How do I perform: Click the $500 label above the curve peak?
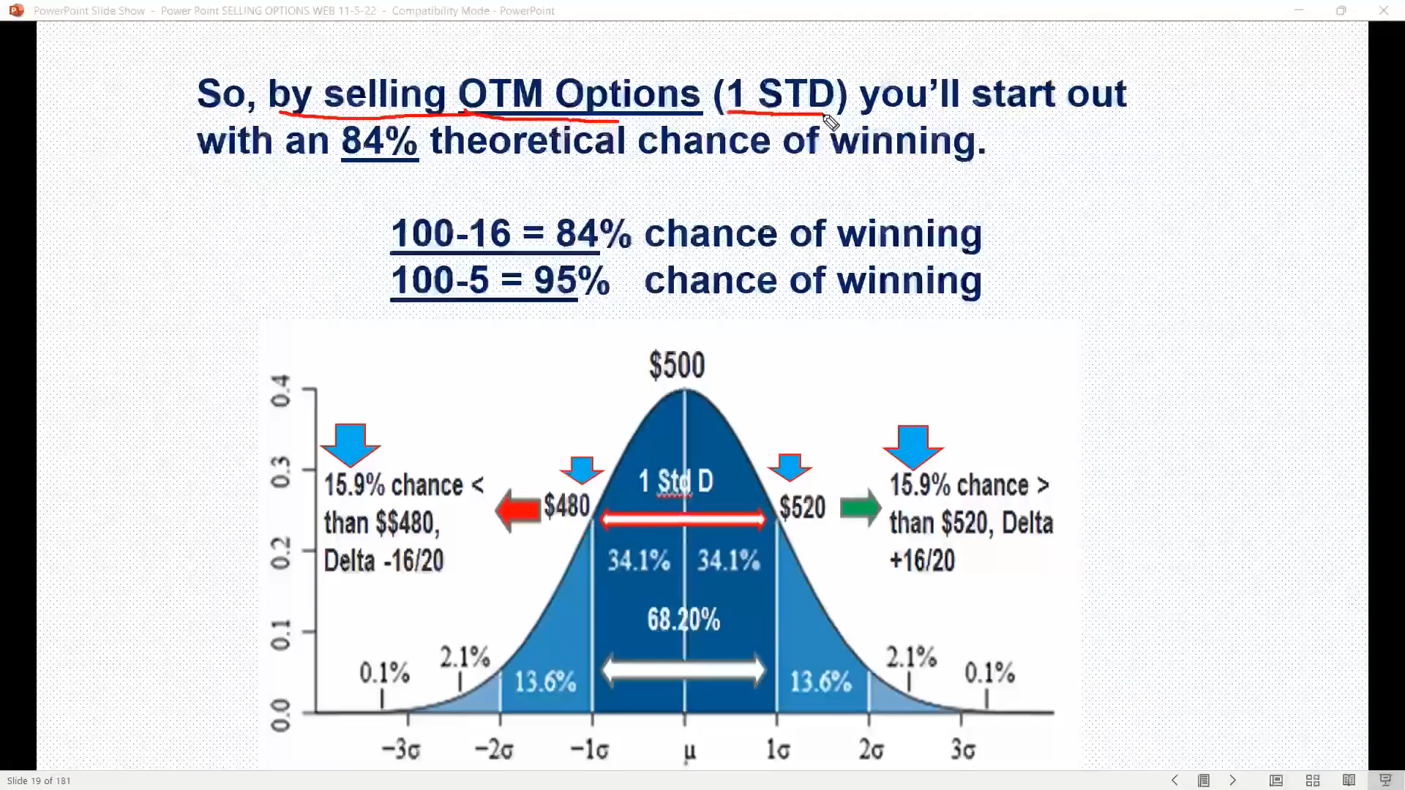pyautogui.click(x=677, y=365)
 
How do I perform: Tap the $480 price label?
pyautogui.click(x=566, y=505)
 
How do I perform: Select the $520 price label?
pyautogui.click(x=802, y=507)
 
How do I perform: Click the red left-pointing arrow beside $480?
pyautogui.click(x=518, y=510)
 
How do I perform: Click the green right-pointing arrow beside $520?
pyautogui.click(x=861, y=507)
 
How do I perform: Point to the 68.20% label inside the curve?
pyautogui.click(x=683, y=620)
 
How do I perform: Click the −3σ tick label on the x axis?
pyautogui.click(x=401, y=750)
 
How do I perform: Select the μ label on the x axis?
pyautogui.click(x=689, y=752)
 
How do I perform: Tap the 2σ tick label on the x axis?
pyautogui.click(x=871, y=750)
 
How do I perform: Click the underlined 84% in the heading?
pyautogui.click(x=380, y=140)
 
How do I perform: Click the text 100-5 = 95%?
pyautogui.click(x=500, y=280)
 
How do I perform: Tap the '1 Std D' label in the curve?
pyautogui.click(x=675, y=481)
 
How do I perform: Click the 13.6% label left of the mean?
pyautogui.click(x=545, y=682)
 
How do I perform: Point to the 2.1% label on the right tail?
pyautogui.click(x=911, y=657)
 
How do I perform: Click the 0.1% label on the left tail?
pyautogui.click(x=384, y=673)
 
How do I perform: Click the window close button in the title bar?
pyautogui.click(x=1383, y=10)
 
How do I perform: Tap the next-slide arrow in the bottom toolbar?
pyautogui.click(x=1233, y=780)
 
